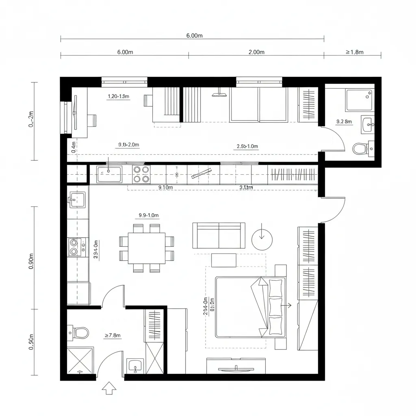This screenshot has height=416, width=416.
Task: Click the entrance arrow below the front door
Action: click(x=108, y=388)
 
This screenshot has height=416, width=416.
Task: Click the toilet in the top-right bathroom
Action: click(x=360, y=149)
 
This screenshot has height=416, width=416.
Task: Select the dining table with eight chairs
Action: click(x=147, y=247)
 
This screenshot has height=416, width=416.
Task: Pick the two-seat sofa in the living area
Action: click(x=219, y=236)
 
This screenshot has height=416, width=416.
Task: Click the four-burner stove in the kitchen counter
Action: click(x=141, y=174)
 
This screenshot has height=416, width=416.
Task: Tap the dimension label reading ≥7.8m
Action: click(x=113, y=335)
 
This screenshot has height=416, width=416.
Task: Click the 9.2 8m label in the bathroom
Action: click(x=344, y=121)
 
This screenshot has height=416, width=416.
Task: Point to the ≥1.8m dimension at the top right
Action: click(x=355, y=52)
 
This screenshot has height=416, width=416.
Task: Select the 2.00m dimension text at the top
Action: click(x=256, y=52)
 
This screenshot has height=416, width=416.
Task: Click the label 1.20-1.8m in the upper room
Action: click(x=118, y=96)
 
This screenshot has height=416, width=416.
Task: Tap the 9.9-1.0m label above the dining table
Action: click(x=149, y=215)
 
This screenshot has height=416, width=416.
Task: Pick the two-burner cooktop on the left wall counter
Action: click(x=74, y=247)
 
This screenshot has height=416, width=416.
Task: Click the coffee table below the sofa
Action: click(x=224, y=260)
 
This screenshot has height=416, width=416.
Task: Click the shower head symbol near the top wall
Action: click(x=219, y=95)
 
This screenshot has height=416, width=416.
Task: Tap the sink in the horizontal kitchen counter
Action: click(x=109, y=174)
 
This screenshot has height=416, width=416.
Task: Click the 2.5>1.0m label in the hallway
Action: click(x=247, y=146)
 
